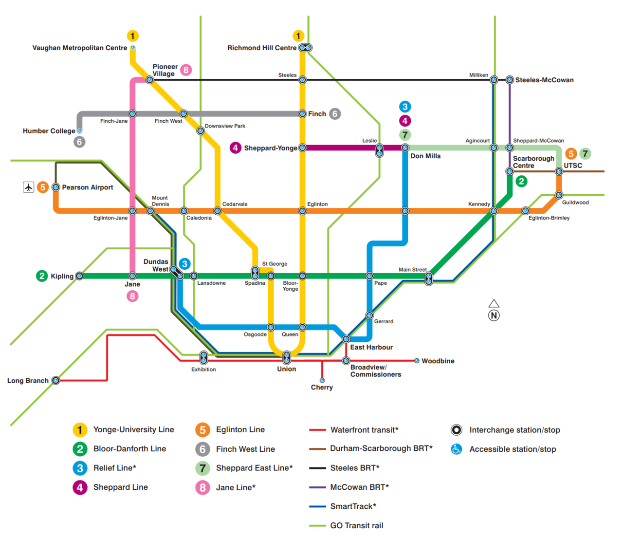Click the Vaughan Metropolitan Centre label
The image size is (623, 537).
pyautogui.click(x=79, y=48)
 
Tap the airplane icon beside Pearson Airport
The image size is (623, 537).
pyautogui.click(x=29, y=187)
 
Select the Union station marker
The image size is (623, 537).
pyautogui.click(x=287, y=357)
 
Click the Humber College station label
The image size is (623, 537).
pyautogui.click(x=49, y=131)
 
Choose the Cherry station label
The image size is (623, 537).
pyautogui.click(x=322, y=388)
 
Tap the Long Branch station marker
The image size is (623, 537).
pyautogui.click(x=56, y=381)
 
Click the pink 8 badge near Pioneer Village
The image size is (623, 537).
pyautogui.click(x=186, y=70)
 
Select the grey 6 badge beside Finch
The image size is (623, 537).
pyautogui.click(x=335, y=114)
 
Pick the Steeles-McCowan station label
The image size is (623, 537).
pyautogui.click(x=544, y=80)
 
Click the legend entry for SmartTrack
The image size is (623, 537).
pyautogui.click(x=342, y=506)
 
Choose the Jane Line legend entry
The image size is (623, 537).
pyautogui.click(x=225, y=487)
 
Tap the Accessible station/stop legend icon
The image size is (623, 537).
pyautogui.click(x=457, y=449)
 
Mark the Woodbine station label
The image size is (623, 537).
pyautogui.click(x=438, y=361)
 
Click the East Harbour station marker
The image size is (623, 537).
pyautogui.click(x=346, y=339)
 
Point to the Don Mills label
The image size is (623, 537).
pyautogui.click(x=425, y=156)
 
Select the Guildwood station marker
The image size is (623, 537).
pyautogui.click(x=559, y=195)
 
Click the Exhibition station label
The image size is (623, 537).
pyautogui.click(x=203, y=370)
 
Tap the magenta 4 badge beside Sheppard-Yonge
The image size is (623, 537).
pyautogui.click(x=236, y=148)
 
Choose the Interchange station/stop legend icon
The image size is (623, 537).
pyautogui.click(x=457, y=430)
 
